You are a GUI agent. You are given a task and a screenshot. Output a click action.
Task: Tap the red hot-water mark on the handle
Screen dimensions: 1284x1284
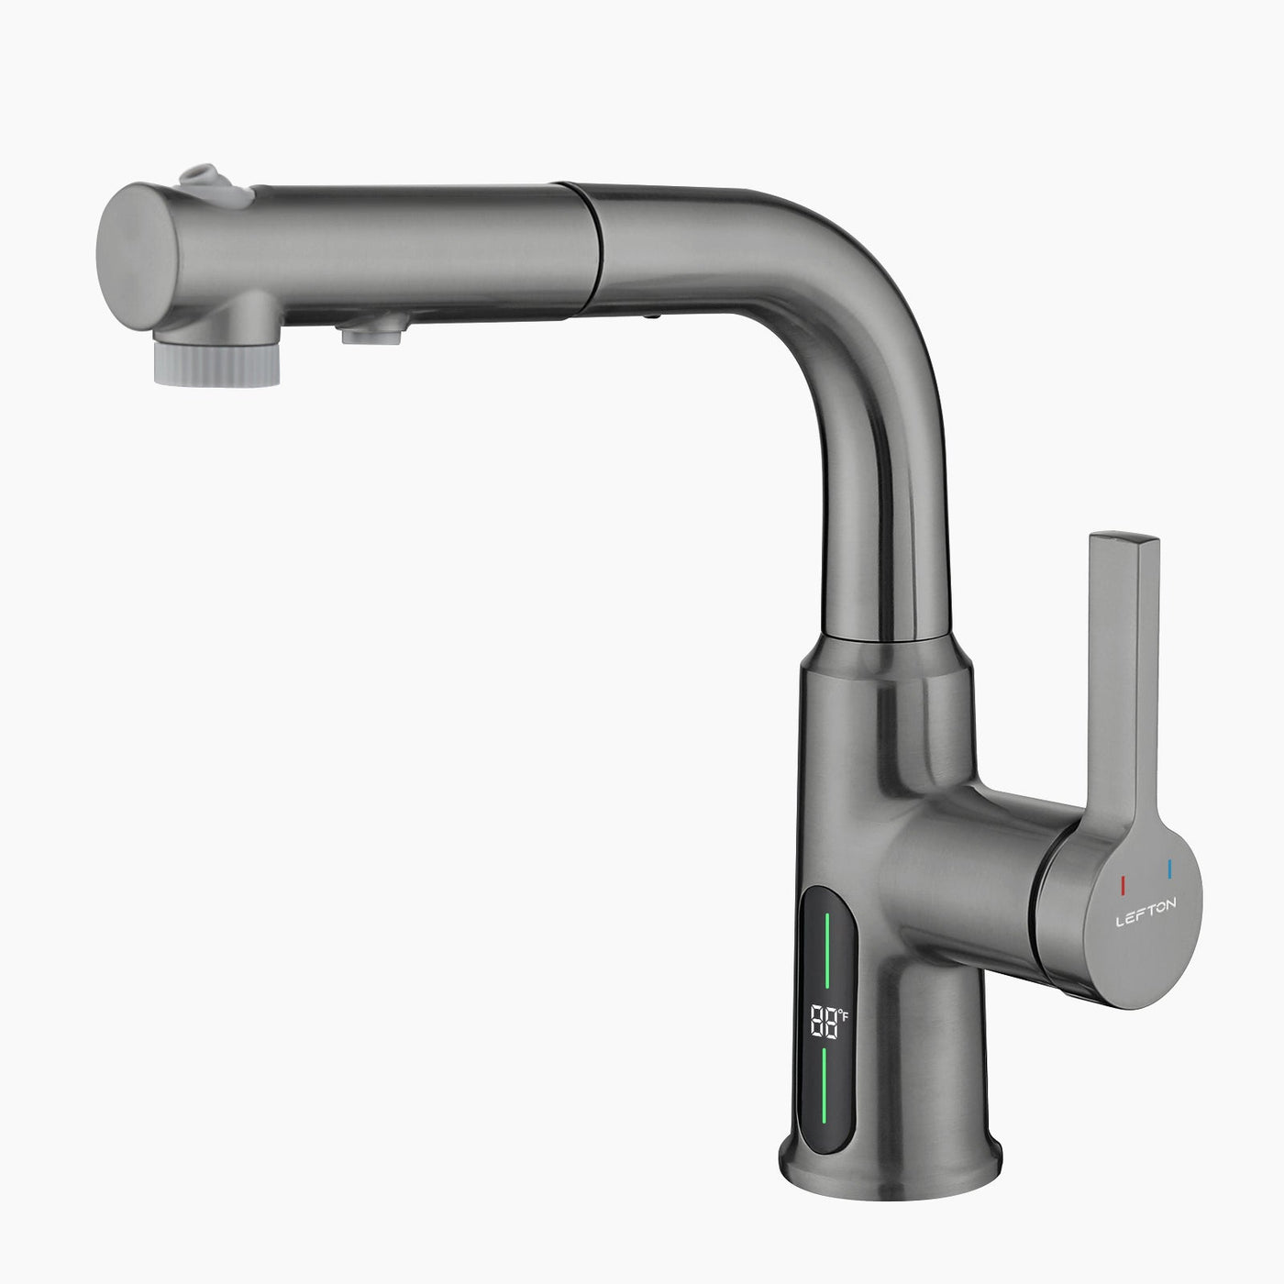point(1123,884)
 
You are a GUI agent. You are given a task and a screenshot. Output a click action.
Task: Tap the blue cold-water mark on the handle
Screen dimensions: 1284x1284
point(1169,869)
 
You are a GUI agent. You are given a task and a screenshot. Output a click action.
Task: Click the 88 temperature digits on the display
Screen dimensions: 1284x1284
point(823,1020)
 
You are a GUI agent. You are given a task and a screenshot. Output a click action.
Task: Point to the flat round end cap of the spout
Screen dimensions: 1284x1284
point(133,252)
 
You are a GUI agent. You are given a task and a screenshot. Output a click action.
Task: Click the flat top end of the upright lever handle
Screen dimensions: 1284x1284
point(1123,539)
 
